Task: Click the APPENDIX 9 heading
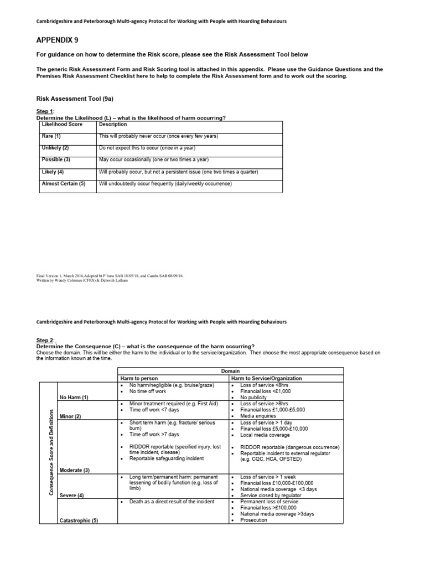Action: click(x=58, y=40)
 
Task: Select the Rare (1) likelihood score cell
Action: click(x=51, y=136)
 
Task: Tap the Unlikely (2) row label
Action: click(x=55, y=148)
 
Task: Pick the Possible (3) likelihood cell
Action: click(x=55, y=160)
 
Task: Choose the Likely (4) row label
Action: click(x=53, y=172)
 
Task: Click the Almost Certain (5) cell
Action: click(x=64, y=183)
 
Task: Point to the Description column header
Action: click(x=113, y=125)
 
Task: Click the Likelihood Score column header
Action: click(x=62, y=125)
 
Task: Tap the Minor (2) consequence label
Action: click(x=70, y=416)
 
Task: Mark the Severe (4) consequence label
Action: click(x=72, y=496)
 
